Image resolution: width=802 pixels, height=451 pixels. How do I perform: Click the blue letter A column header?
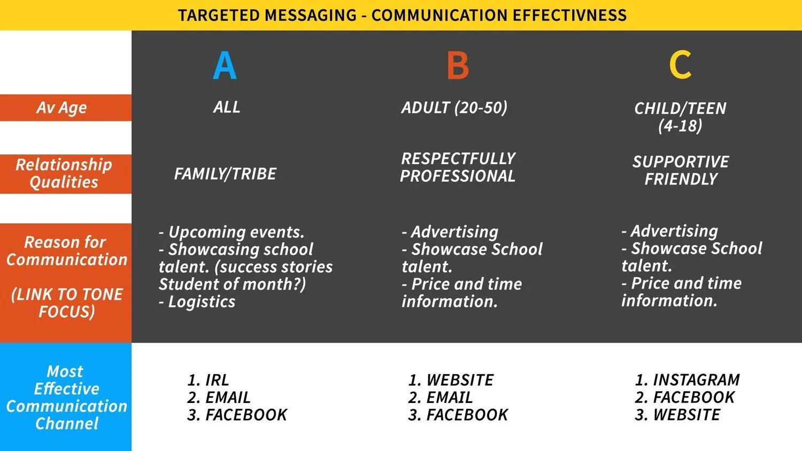(x=225, y=66)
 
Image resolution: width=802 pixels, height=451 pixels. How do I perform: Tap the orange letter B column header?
(x=458, y=66)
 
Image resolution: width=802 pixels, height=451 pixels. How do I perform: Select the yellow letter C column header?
(x=680, y=65)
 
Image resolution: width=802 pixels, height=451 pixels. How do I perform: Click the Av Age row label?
(x=61, y=108)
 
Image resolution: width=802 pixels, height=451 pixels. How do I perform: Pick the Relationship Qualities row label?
(x=64, y=174)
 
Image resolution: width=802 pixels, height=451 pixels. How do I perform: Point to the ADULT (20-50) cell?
(x=454, y=107)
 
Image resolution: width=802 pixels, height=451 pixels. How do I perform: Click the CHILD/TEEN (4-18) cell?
(x=680, y=117)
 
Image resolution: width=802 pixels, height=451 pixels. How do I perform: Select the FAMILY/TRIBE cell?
(x=225, y=174)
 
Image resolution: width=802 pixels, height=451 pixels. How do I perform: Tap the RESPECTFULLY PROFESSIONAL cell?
(x=458, y=167)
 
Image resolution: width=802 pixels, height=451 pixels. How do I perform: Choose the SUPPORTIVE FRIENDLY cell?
(x=681, y=170)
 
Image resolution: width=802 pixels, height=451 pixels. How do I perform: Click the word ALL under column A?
(x=227, y=107)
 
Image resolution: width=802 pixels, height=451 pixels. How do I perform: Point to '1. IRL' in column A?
(x=208, y=380)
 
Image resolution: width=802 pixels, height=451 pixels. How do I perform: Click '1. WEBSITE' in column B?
(x=451, y=380)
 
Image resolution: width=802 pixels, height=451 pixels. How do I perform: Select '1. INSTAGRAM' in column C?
(x=687, y=380)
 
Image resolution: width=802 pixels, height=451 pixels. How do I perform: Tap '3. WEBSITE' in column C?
(x=677, y=415)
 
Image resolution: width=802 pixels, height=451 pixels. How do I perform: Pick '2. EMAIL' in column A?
(x=219, y=398)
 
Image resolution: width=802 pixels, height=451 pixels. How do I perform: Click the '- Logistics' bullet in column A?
(x=197, y=302)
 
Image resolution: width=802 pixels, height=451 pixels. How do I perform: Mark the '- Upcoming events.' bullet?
(x=232, y=232)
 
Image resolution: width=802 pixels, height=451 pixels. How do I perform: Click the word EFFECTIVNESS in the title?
(x=570, y=15)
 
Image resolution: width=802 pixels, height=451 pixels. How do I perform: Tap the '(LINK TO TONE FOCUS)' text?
(x=67, y=303)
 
